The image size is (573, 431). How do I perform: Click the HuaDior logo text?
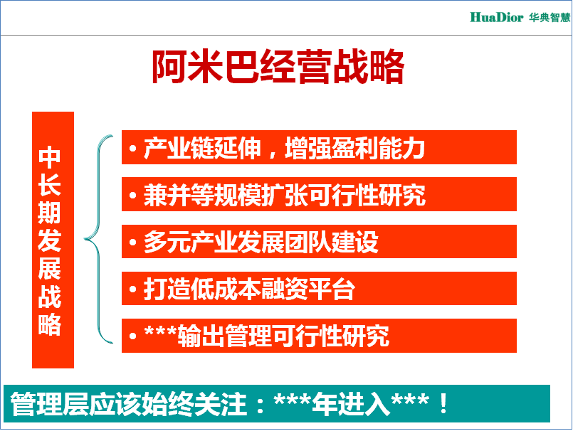(x=496, y=17)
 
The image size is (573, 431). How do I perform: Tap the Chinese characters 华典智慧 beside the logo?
(x=550, y=17)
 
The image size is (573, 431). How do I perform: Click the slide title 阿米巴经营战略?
(x=278, y=67)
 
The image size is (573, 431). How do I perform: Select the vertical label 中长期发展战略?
(x=50, y=240)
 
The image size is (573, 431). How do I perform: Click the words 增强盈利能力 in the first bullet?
(x=354, y=148)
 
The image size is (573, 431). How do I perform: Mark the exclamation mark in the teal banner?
(x=443, y=403)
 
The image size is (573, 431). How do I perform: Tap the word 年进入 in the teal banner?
(x=351, y=404)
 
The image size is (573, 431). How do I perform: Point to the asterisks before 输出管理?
(x=160, y=331)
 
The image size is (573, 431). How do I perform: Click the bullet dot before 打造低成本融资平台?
(x=132, y=289)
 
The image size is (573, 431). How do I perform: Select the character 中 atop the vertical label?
(x=50, y=157)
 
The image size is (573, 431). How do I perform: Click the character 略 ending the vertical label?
(x=50, y=324)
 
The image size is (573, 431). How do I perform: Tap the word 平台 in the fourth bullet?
(x=332, y=289)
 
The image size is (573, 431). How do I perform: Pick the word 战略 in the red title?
(x=369, y=67)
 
